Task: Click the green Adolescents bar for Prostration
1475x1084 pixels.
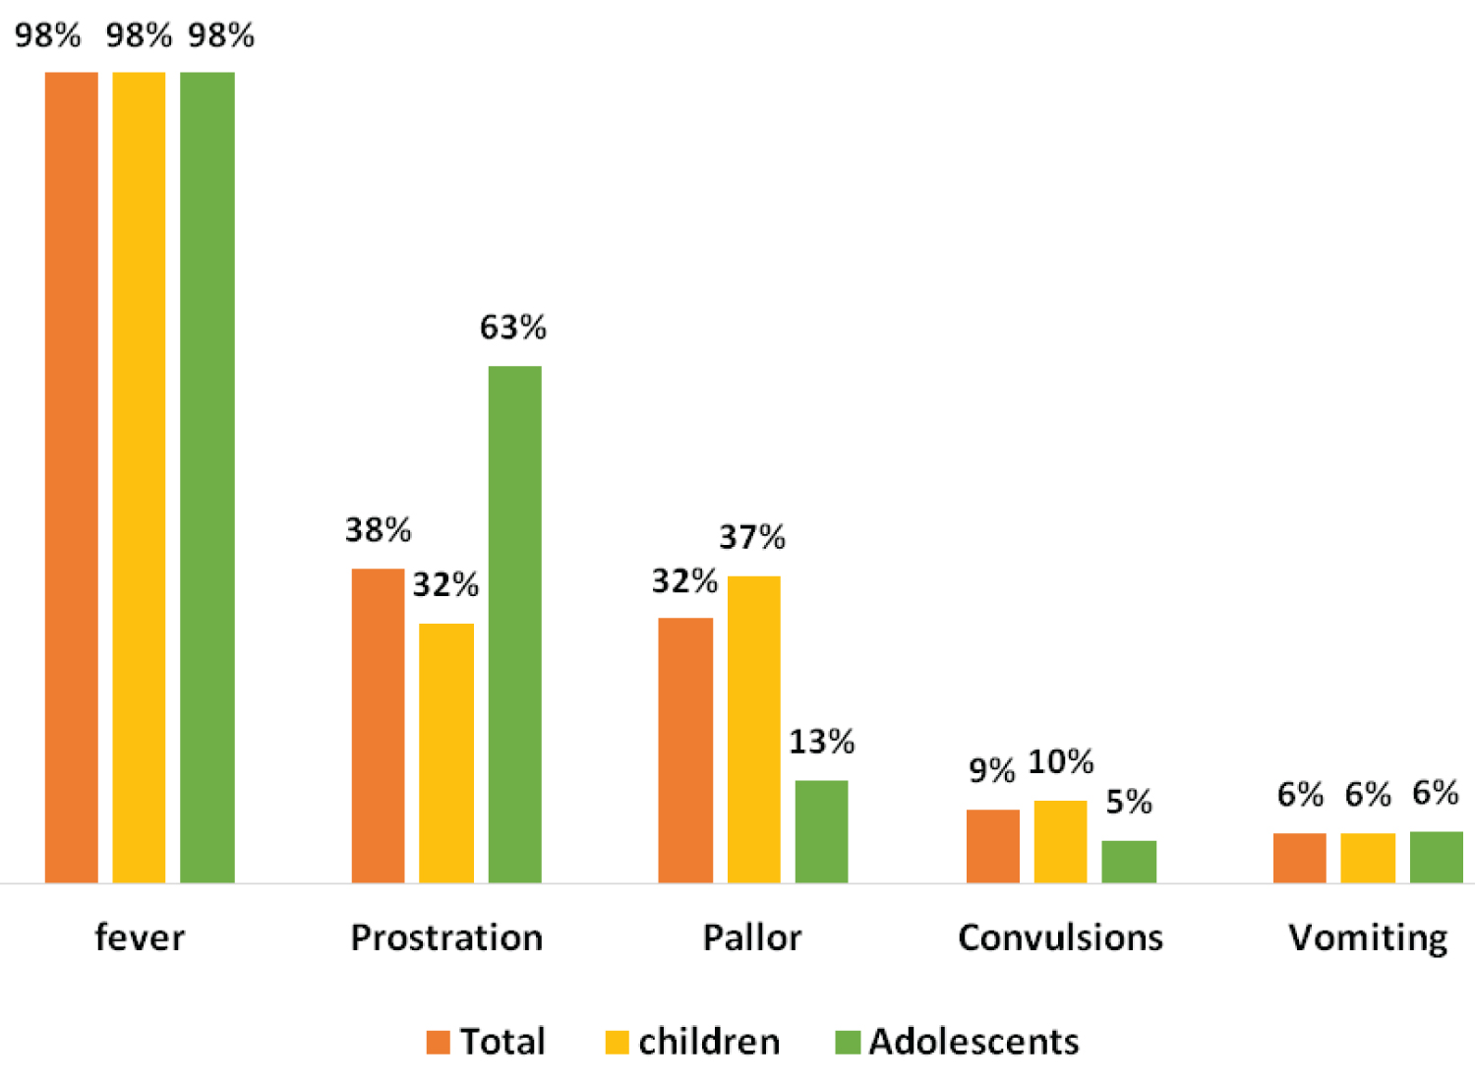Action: pyautogui.click(x=514, y=624)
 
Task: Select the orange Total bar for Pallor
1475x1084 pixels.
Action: pyautogui.click(x=685, y=750)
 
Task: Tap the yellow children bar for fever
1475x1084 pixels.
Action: pyautogui.click(x=139, y=477)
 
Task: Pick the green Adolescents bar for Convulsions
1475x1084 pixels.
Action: pyautogui.click(x=1128, y=861)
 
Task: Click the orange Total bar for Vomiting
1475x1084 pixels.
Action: pyautogui.click(x=1299, y=857)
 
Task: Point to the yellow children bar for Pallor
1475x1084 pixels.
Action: pyautogui.click(x=753, y=729)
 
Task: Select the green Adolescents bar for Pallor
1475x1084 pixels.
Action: pyautogui.click(x=821, y=831)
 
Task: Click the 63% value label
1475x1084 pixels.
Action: pyautogui.click(x=512, y=328)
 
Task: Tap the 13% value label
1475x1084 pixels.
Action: pyautogui.click(x=821, y=742)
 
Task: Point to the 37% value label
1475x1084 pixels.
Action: pyautogui.click(x=752, y=537)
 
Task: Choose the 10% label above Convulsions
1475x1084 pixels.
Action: pyautogui.click(x=1060, y=761)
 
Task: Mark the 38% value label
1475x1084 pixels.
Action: pyautogui.click(x=378, y=530)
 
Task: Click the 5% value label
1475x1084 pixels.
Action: pyautogui.click(x=1128, y=802)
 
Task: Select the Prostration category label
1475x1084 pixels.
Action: pyautogui.click(x=446, y=937)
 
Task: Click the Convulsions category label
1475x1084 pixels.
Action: pyautogui.click(x=1060, y=937)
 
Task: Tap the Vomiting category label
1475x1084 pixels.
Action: pyautogui.click(x=1368, y=937)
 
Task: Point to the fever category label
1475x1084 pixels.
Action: pyautogui.click(x=140, y=937)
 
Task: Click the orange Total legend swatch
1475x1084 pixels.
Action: pyautogui.click(x=438, y=1042)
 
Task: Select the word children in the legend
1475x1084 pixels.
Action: pyautogui.click(x=708, y=1042)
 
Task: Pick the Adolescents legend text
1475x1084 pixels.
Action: pyautogui.click(x=973, y=1042)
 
